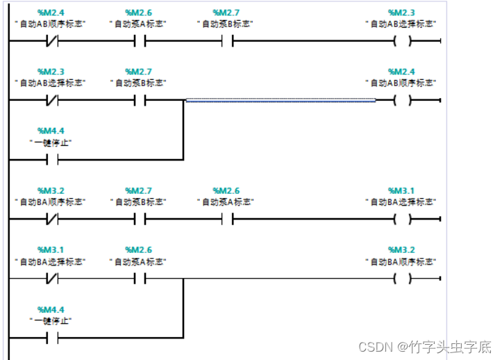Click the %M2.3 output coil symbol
[401, 41]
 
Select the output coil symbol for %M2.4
[401, 101]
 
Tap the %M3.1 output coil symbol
[401, 220]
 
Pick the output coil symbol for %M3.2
[401, 279]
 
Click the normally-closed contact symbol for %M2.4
[51, 41]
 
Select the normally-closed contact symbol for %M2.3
[51, 101]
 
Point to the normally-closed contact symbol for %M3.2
[51, 220]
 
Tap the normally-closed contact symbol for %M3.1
[51, 279]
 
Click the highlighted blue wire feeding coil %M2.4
[281, 101]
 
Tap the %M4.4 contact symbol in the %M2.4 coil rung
[51, 160]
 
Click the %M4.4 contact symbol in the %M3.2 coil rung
[51, 338]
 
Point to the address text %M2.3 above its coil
[401, 13]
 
